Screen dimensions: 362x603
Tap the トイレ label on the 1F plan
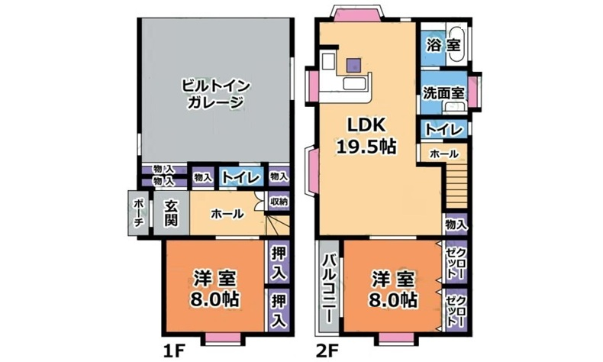click(241, 177)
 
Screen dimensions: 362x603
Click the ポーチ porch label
click(138, 213)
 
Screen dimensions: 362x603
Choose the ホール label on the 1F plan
click(227, 215)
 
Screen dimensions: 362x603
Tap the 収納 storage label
click(279, 202)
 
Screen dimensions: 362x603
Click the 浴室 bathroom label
click(443, 44)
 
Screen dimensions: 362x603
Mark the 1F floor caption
click(173, 351)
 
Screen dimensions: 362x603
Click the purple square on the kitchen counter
click(353, 66)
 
